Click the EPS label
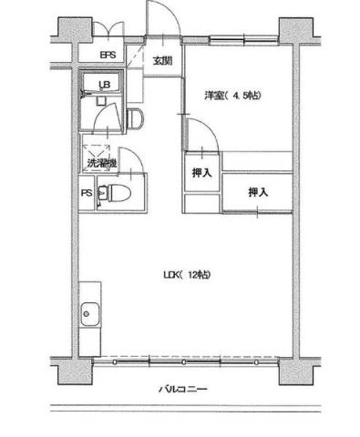[108, 63]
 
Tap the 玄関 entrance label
[161, 61]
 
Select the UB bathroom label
[105, 86]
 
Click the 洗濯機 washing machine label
[100, 164]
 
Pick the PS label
[86, 193]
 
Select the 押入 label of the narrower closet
[201, 173]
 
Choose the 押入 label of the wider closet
[258, 192]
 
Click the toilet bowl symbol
[108, 194]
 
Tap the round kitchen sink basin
[91, 317]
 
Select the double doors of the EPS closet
[108, 30]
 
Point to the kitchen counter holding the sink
[91, 327]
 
